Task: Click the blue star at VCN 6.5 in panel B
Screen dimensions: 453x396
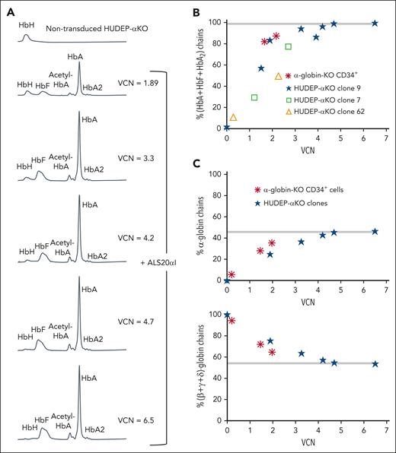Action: [375, 24]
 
